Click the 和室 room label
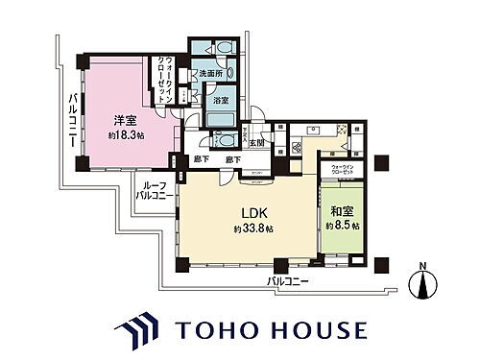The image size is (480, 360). coord(343,212)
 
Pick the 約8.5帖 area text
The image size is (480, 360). coord(343,227)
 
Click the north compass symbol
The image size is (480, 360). coord(424,284)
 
